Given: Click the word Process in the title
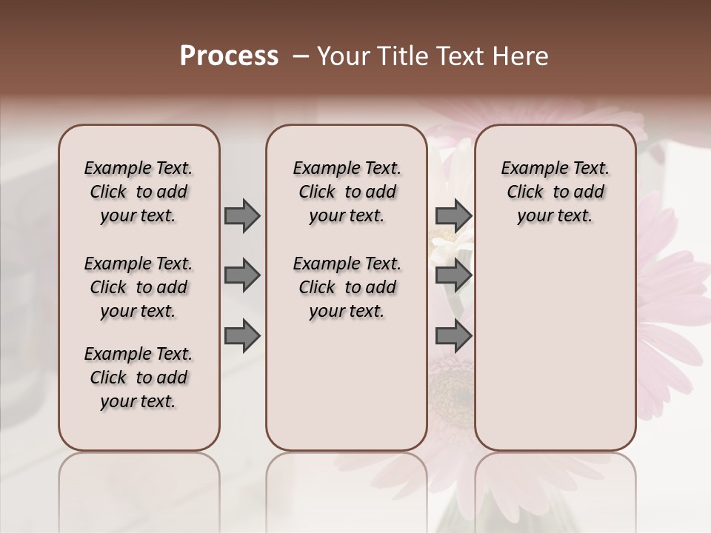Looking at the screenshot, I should click(x=229, y=56).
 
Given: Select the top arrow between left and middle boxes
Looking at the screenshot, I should click(x=242, y=215).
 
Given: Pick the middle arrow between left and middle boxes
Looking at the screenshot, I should click(x=242, y=275).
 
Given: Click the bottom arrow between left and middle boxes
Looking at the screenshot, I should click(x=242, y=335).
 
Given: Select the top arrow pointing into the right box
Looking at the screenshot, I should click(x=453, y=215).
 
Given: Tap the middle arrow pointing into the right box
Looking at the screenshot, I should click(x=453, y=275).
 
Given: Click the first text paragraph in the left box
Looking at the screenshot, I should click(x=138, y=192).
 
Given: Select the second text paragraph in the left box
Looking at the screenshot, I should click(x=138, y=287).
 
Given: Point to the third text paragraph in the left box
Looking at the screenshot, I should click(x=138, y=378).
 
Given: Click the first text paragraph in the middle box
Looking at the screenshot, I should click(x=347, y=192).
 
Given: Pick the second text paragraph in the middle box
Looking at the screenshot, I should click(x=347, y=287).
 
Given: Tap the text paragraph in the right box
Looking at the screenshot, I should click(x=555, y=192).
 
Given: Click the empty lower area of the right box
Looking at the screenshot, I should click(x=555, y=355).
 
